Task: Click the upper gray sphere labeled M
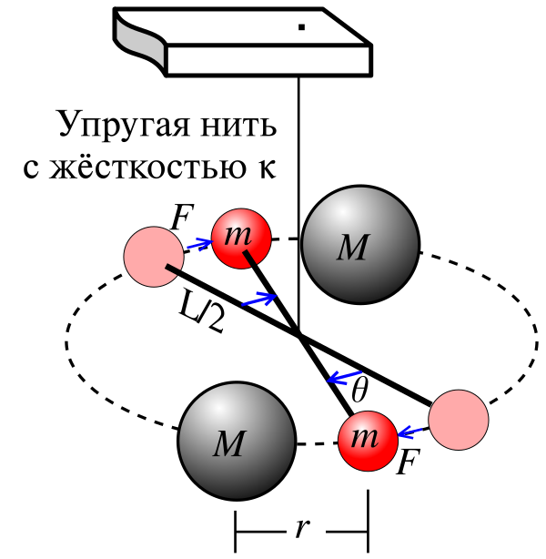tap(360, 245)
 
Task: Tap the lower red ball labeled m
tap(368, 440)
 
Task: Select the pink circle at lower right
tap(458, 420)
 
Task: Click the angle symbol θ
tap(359, 392)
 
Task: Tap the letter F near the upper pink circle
tap(181, 218)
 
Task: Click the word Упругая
tap(114, 124)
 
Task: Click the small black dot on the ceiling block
tap(300, 27)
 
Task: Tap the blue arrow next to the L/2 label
tap(261, 299)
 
